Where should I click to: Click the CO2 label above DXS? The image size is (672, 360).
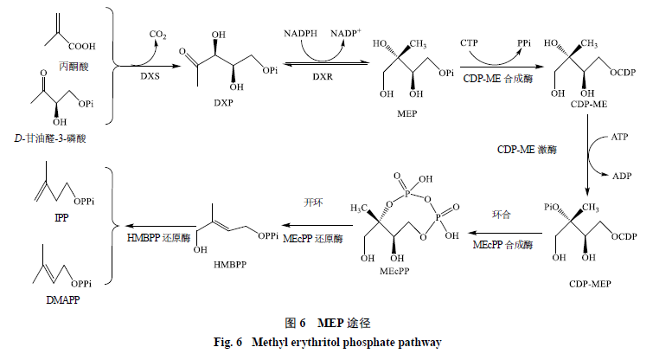(157, 35)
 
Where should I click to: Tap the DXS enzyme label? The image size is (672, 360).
(150, 76)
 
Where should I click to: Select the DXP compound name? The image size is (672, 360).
(223, 103)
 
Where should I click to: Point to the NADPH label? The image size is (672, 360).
(300, 34)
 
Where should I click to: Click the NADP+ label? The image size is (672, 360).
(346, 33)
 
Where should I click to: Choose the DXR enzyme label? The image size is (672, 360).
(323, 76)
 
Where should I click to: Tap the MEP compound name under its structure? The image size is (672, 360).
(406, 113)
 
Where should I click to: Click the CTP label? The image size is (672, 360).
(469, 43)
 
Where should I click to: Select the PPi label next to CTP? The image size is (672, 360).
(524, 43)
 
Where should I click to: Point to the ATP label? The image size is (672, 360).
(619, 137)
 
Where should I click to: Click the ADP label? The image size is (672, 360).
(622, 176)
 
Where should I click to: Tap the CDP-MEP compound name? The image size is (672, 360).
(590, 284)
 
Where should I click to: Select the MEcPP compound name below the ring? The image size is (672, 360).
(394, 271)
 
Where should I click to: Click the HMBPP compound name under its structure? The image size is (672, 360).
(230, 265)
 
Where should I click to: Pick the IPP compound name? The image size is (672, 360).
(61, 217)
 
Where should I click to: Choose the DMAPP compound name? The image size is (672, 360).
(62, 300)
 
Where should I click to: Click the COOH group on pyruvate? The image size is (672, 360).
(81, 47)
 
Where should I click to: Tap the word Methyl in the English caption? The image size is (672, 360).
(270, 343)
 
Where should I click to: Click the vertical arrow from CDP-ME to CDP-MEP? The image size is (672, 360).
(587, 155)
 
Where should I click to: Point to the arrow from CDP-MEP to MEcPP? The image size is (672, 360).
(505, 234)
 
